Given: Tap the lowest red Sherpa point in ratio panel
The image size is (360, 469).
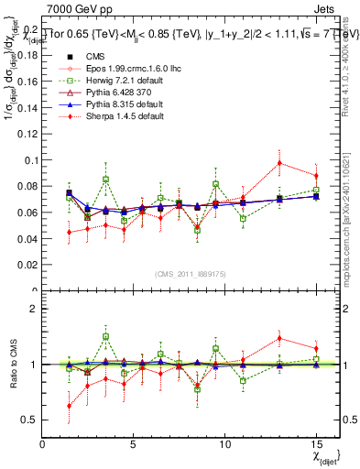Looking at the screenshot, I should (x=70, y=406).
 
